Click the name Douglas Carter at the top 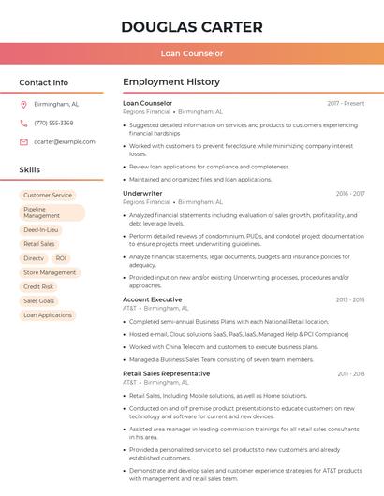click(192, 26)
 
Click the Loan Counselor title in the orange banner click(192, 53)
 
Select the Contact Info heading click(44, 82)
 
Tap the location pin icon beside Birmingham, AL click(24, 105)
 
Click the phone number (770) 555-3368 click(53, 123)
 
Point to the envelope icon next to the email click(24, 142)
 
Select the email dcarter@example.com click(65, 142)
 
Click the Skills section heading click(30, 170)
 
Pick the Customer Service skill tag click(48, 196)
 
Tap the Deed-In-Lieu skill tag click(41, 229)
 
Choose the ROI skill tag click(61, 258)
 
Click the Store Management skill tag click(50, 272)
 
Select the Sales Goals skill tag click(39, 301)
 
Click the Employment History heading click(171, 82)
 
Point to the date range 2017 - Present click(346, 104)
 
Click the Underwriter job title click(142, 194)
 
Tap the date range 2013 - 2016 click(350, 300)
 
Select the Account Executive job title click(153, 299)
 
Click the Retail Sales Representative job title click(167, 374)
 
